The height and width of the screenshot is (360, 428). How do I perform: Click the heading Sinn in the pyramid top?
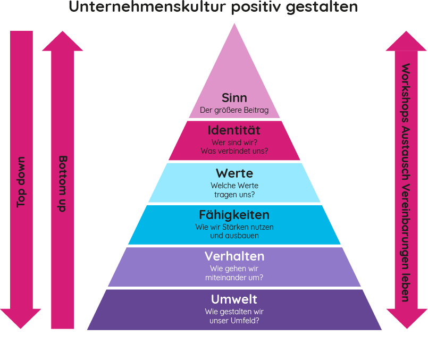point(234,98)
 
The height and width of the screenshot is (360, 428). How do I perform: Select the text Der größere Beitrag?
point(234,111)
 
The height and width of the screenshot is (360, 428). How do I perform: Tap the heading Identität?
point(234,130)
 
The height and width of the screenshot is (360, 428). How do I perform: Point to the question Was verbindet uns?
point(234,151)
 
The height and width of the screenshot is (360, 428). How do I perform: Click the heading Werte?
point(234,173)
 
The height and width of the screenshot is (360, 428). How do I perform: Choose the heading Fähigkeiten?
point(234,215)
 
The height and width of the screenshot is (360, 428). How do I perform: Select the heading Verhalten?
point(234,256)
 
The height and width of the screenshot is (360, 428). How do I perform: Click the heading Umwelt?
point(234,298)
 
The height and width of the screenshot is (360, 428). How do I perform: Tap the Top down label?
point(21,182)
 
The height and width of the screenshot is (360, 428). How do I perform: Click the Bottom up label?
point(62,183)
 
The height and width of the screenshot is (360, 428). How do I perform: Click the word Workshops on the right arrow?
point(406,94)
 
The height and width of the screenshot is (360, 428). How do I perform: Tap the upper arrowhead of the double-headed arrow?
point(406,41)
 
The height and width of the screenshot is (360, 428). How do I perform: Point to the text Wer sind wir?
point(234,143)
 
